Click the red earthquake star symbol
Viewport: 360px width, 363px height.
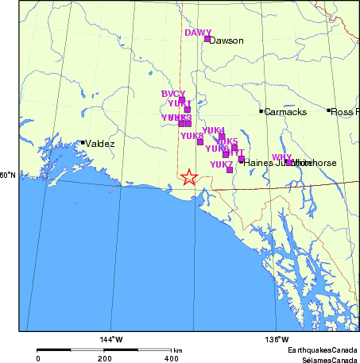coord(189,177)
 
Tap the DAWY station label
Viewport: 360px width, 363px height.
coord(198,33)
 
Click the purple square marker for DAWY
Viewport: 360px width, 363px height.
coord(207,39)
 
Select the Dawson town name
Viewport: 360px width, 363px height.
coord(226,41)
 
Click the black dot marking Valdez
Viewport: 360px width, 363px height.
coord(83,143)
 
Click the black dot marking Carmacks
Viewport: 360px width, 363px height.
coord(261,111)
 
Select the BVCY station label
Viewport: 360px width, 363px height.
coord(173,94)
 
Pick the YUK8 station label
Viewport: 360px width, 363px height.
coord(192,136)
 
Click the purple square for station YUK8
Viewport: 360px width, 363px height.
coord(200,142)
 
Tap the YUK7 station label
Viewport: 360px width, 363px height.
coord(221,164)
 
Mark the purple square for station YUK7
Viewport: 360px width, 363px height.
coord(230,170)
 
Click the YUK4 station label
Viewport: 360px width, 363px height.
coord(214,129)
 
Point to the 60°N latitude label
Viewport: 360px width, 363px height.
coord(8,176)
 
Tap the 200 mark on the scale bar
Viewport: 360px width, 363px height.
coord(105,359)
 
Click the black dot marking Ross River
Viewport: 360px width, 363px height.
coord(328,110)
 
